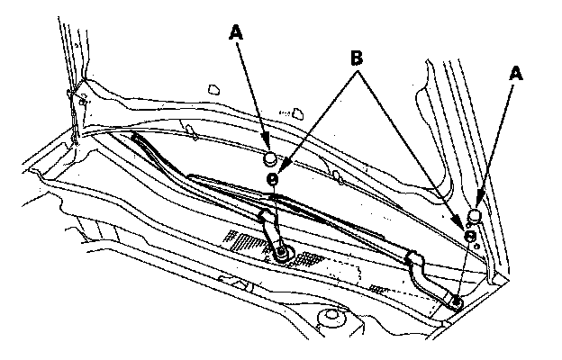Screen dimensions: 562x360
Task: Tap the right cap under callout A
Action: coord(474,214)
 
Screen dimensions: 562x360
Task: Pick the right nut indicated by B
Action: coord(468,235)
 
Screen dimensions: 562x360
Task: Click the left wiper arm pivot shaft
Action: coord(282,255)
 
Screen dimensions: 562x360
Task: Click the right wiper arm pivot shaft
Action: coord(458,301)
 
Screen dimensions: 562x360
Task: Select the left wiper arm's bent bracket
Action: coord(268,225)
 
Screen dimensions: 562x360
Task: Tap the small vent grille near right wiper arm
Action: coord(379,288)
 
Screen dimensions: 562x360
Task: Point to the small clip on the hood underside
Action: coord(214,88)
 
